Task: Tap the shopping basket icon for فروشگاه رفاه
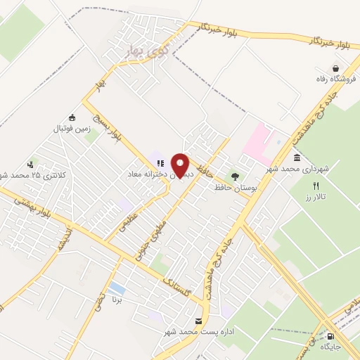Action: (x=336, y=67)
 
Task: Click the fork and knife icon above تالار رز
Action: (x=316, y=185)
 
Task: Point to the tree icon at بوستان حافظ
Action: (x=235, y=176)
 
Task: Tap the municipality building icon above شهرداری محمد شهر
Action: (x=297, y=157)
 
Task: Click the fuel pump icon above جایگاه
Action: (x=330, y=335)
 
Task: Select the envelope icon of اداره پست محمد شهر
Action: (x=200, y=321)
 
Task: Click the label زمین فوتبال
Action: (x=70, y=129)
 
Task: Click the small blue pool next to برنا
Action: (x=118, y=288)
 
